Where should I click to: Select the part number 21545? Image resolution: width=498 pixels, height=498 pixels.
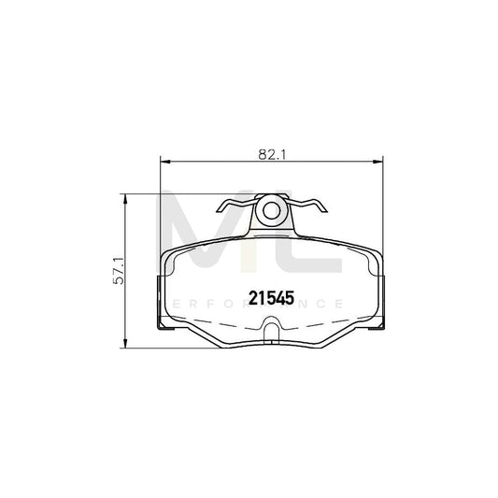click(x=271, y=298)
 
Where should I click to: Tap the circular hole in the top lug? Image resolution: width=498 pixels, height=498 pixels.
click(x=272, y=209)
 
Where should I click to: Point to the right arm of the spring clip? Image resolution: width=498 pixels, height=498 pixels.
click(x=307, y=206)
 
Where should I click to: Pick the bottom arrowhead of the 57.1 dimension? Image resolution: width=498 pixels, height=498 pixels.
click(x=129, y=342)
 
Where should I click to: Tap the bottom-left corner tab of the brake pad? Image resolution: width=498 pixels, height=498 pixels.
click(x=164, y=326)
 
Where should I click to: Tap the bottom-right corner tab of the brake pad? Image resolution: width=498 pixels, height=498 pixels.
click(x=377, y=326)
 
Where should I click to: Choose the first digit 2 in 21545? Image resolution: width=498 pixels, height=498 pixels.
click(x=253, y=298)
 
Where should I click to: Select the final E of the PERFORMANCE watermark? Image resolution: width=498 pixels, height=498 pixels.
click(x=343, y=304)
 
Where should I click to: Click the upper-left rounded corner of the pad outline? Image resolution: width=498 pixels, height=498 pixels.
click(x=167, y=254)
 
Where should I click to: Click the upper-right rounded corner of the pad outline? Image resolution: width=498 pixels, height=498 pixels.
click(x=376, y=254)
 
